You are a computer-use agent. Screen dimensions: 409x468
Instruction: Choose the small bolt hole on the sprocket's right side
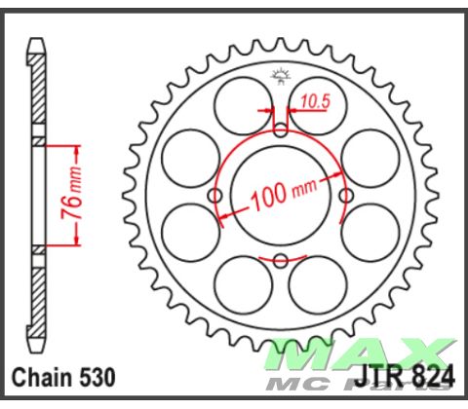click(x=344, y=197)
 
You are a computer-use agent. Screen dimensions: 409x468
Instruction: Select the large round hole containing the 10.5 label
click(x=315, y=100)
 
